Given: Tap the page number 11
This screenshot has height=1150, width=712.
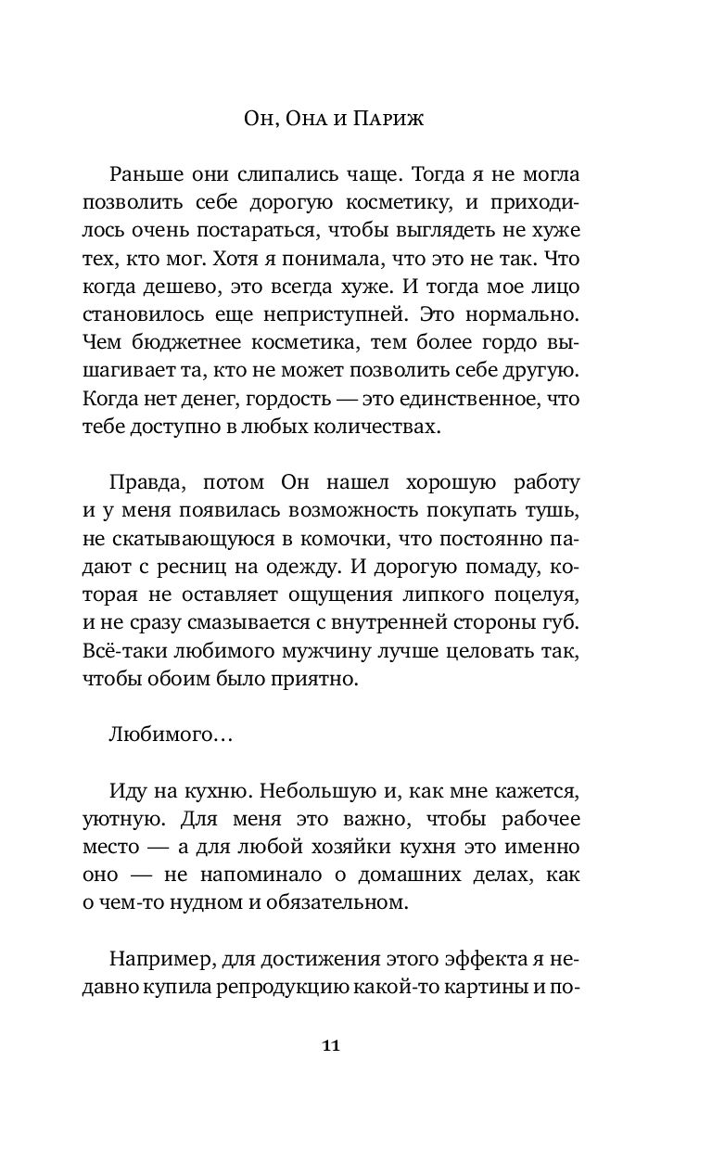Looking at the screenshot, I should click(356, 1046).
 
